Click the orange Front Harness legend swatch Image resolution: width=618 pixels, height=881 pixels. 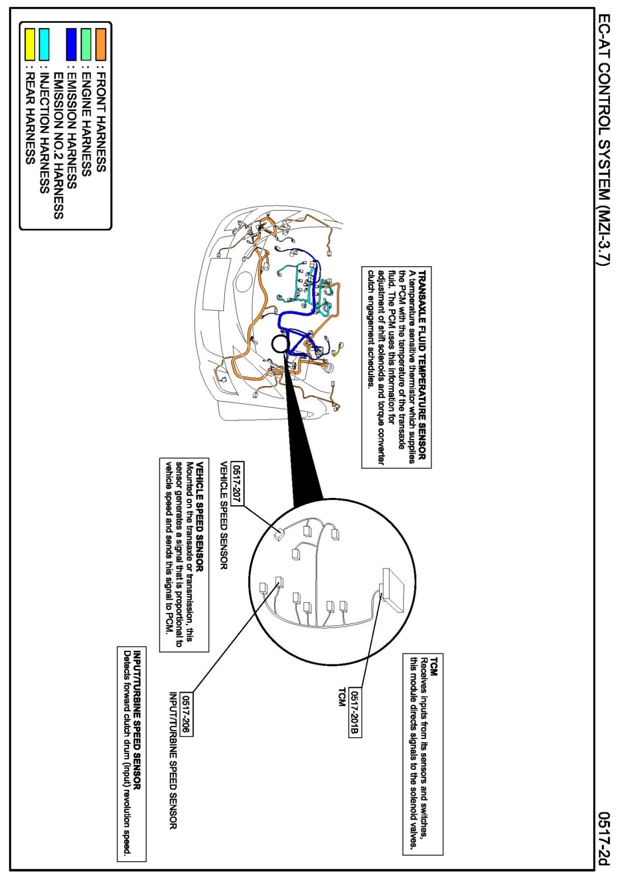click(x=101, y=44)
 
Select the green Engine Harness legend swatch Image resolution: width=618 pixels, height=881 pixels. click(x=86, y=44)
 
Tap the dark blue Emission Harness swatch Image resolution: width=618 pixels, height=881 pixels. click(x=72, y=44)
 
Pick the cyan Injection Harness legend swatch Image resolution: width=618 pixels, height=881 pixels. click(x=44, y=44)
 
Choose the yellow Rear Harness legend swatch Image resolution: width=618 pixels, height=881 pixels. click(x=30, y=44)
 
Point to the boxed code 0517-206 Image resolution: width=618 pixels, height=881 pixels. click(x=187, y=715)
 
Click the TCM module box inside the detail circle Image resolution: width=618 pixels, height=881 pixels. click(x=393, y=590)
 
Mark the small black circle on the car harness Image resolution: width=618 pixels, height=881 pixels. click(x=279, y=344)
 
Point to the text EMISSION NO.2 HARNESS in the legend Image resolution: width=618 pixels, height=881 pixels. click(x=58, y=146)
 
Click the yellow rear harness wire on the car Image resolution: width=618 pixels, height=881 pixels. click(x=339, y=348)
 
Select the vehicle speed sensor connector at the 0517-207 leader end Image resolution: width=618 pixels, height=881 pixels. click(x=279, y=534)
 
